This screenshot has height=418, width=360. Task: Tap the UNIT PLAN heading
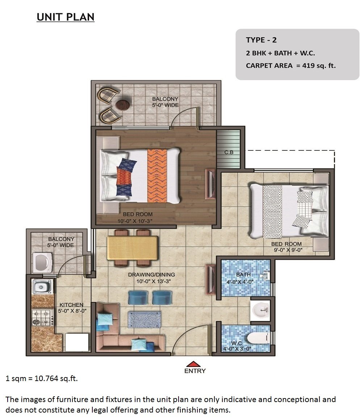coord(66,17)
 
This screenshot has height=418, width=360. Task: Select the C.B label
coord(229,152)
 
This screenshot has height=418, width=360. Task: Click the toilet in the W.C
coord(259,338)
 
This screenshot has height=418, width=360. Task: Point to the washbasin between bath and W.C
coord(260,310)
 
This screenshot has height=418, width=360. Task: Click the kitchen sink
coord(42,287)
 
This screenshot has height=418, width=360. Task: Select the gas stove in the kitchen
coord(42,318)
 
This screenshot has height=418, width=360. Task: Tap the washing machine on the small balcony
coord(42,263)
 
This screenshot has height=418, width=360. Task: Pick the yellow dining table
coord(133,248)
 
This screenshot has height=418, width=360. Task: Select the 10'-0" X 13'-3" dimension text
coord(154,281)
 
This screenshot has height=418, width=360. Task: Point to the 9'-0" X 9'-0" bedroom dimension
coord(288,250)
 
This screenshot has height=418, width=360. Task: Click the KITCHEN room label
coord(71,305)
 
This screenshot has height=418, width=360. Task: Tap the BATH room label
coord(243,275)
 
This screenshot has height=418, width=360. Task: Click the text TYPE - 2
coord(261,40)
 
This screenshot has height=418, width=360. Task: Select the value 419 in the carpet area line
coord(309,66)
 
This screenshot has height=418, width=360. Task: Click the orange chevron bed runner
coord(157,176)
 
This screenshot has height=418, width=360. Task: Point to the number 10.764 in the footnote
coord(46,378)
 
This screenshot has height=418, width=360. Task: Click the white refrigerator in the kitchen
coord(77,342)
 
